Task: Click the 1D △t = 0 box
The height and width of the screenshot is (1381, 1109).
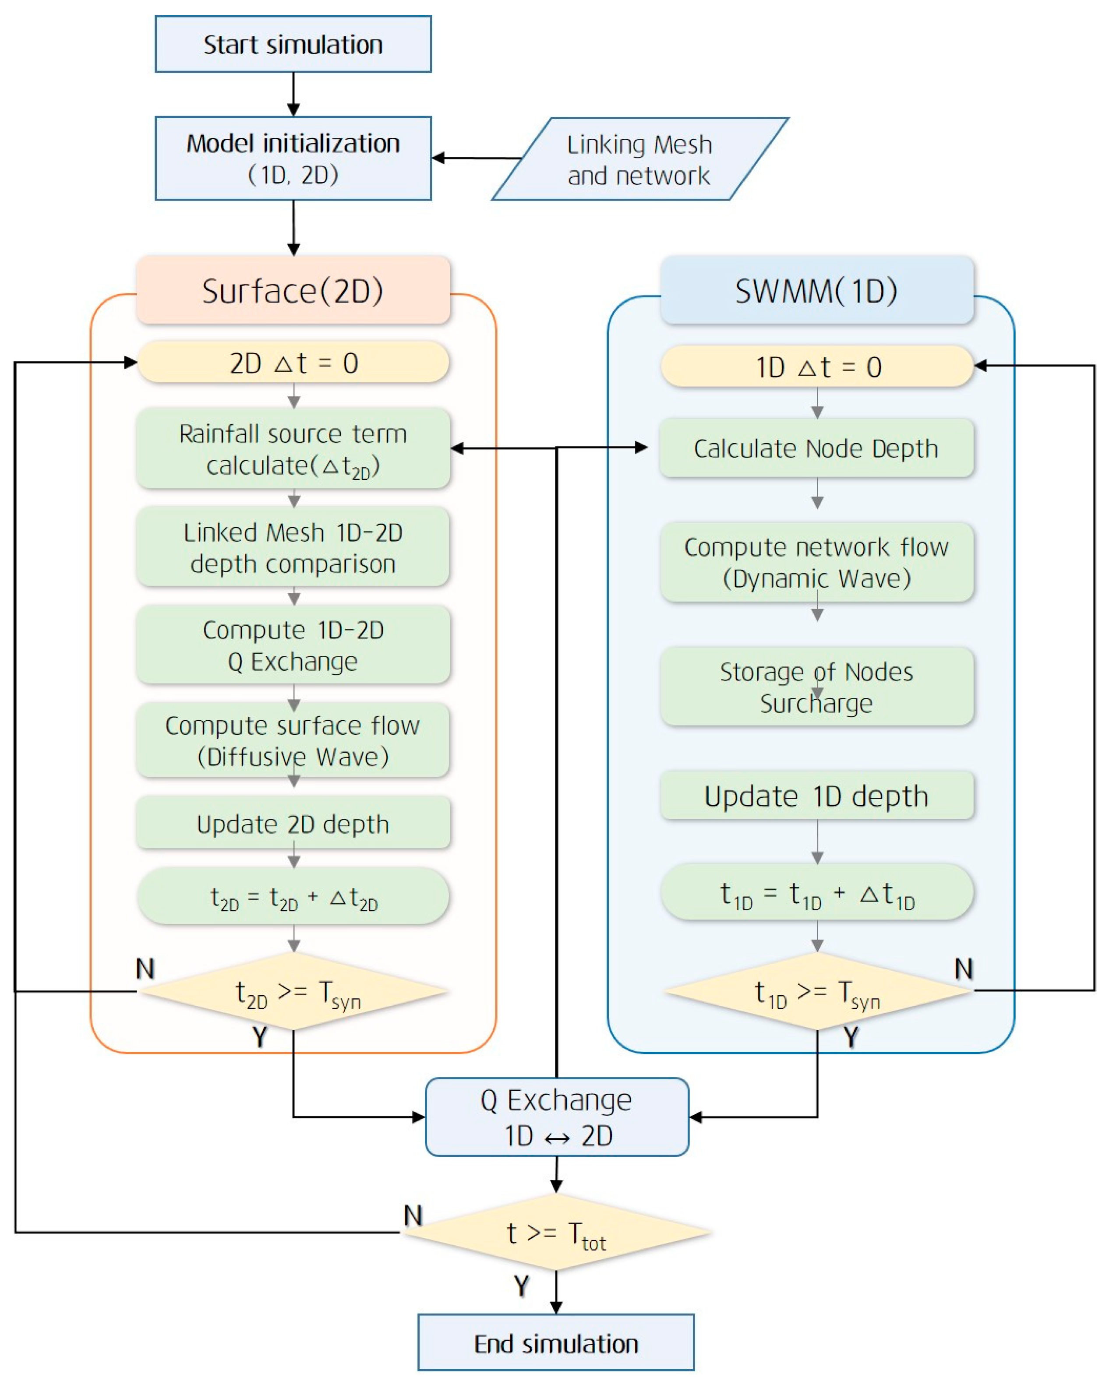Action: tap(817, 366)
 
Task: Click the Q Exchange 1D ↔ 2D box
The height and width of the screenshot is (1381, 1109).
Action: tap(556, 1117)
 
